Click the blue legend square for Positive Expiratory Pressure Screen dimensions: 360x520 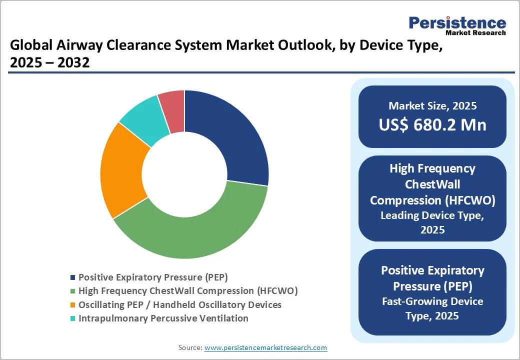click(x=73, y=277)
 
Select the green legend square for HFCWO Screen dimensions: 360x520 click(x=73, y=291)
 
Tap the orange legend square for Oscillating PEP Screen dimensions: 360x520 click(x=73, y=305)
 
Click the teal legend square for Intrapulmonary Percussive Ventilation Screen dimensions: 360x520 click(x=73, y=318)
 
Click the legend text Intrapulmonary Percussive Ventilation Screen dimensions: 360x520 click(x=163, y=318)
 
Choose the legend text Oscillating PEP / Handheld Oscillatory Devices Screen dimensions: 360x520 click(x=180, y=304)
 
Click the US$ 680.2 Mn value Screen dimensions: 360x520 click(x=432, y=124)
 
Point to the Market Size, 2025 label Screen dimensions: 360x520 click(x=432, y=106)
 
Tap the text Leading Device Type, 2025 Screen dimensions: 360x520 click(x=432, y=223)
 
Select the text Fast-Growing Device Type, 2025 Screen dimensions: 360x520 click(x=432, y=308)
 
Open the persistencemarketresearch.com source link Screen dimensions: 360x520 click(x=266, y=347)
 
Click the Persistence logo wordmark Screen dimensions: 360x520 click(x=457, y=23)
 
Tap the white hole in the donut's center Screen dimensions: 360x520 click(x=184, y=174)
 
